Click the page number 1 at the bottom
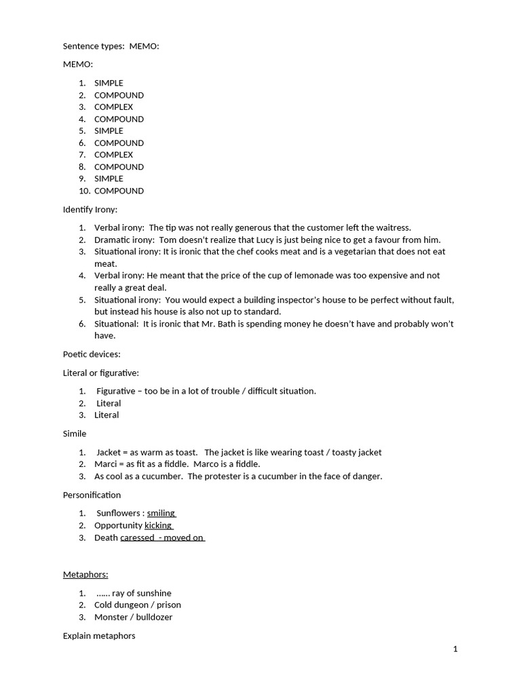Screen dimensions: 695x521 (x=455, y=649)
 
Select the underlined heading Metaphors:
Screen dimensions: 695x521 (x=85, y=574)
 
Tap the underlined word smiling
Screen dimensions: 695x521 (x=161, y=513)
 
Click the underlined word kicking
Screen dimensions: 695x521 (x=158, y=525)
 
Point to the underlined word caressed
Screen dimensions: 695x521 (x=137, y=538)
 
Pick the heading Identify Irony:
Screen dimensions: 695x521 (x=90, y=209)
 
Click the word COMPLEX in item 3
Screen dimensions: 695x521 (x=113, y=107)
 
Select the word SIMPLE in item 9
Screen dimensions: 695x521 (x=109, y=179)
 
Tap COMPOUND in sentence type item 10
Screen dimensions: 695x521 (x=119, y=191)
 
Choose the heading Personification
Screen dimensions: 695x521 (x=92, y=495)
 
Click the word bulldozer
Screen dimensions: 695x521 (x=154, y=617)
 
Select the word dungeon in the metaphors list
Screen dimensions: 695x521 (x=132, y=605)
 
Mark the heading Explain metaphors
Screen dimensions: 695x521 (x=99, y=636)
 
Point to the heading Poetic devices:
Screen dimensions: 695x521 (x=92, y=354)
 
